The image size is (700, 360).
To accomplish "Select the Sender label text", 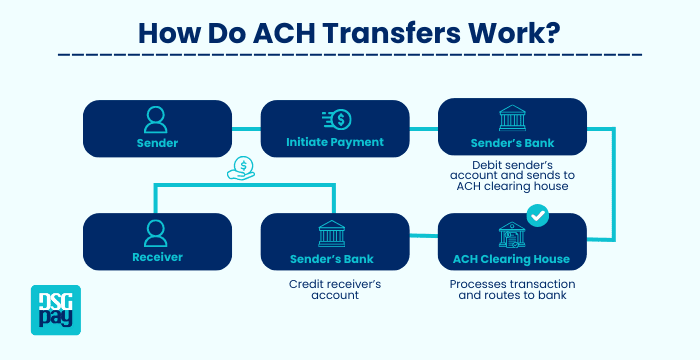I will [157, 143].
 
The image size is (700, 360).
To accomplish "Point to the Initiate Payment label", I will [335, 142].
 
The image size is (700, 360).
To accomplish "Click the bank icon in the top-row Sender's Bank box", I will [512, 119].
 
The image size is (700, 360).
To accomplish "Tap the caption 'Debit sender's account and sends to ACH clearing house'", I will [512, 175].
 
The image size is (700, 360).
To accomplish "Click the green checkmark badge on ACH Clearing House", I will [538, 214].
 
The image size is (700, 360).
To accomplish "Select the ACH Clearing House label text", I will [512, 259].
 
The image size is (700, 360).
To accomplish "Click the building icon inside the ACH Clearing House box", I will [512, 235].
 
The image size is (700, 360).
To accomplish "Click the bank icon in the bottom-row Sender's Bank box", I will [335, 235].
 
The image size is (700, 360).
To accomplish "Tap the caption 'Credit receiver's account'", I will [335, 289].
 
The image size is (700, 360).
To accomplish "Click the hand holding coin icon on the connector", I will [241, 169].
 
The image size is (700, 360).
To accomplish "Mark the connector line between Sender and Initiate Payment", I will [246, 127].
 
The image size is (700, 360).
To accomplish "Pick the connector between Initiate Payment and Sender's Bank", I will [424, 127].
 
